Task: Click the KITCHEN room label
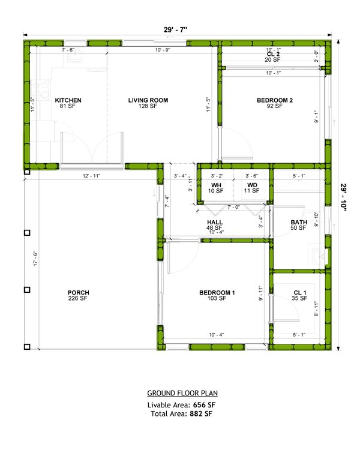[68, 100]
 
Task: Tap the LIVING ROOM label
[148, 100]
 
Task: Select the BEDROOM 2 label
[274, 100]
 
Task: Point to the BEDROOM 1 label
[217, 293]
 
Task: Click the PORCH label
[78, 293]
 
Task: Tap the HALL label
[215, 222]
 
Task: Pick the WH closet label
[216, 185]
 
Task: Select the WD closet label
[252, 185]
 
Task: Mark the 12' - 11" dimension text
[92, 176]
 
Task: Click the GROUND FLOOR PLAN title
[182, 394]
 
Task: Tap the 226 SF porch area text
[78, 298]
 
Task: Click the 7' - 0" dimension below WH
[234, 207]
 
